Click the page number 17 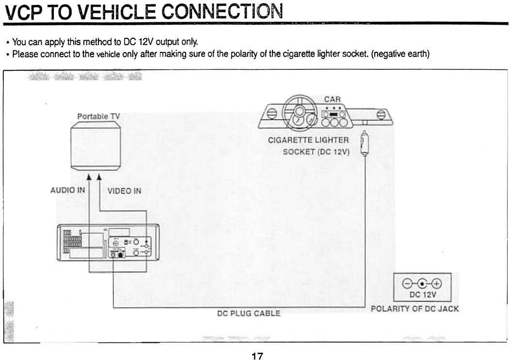[x=257, y=356]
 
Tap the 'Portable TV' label [x=98, y=116]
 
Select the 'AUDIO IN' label [x=68, y=190]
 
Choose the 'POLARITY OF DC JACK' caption [x=414, y=309]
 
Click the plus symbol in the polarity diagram [x=436, y=284]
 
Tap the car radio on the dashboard [x=335, y=115]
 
